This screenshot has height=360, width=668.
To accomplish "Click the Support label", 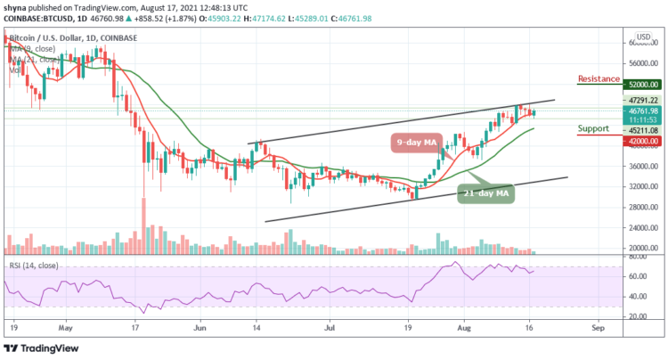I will [595, 128].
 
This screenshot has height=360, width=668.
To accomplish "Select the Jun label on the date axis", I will [199, 327].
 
